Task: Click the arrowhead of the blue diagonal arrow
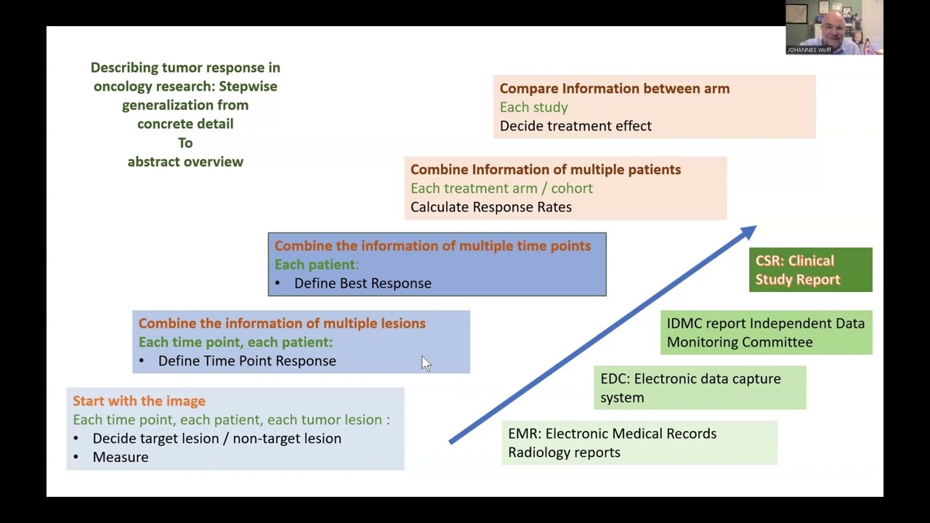(748, 232)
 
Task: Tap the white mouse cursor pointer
(425, 363)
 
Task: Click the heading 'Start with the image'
(139, 401)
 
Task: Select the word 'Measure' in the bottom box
(121, 457)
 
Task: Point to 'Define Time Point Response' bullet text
(247, 361)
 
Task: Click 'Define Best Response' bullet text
(363, 283)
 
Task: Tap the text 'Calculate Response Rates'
(491, 207)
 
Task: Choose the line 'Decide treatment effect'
(575, 126)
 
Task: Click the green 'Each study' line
(533, 108)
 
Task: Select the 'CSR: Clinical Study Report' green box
(810, 270)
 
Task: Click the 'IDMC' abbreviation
(684, 323)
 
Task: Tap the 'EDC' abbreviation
(614, 378)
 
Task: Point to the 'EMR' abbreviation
(524, 434)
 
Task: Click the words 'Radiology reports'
(564, 453)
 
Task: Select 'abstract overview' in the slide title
(185, 162)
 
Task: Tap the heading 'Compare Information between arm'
(615, 89)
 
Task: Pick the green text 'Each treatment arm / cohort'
(501, 188)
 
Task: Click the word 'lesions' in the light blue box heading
(403, 323)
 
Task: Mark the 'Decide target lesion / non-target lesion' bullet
(217, 439)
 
